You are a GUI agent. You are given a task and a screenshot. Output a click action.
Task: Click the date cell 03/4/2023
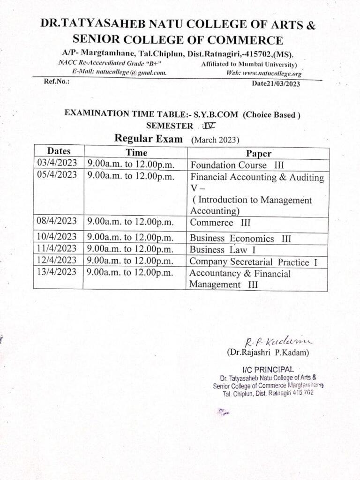tap(56, 164)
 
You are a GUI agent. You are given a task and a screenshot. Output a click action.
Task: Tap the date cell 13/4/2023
tap(56, 272)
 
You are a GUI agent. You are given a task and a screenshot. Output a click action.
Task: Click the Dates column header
tap(59, 151)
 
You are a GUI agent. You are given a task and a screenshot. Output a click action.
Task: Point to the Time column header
tap(136, 152)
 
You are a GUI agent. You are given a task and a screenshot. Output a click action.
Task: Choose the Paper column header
tap(259, 154)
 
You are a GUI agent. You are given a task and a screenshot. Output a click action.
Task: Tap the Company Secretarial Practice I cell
tap(254, 262)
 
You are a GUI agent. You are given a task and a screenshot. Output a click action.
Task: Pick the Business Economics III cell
tap(240, 239)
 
